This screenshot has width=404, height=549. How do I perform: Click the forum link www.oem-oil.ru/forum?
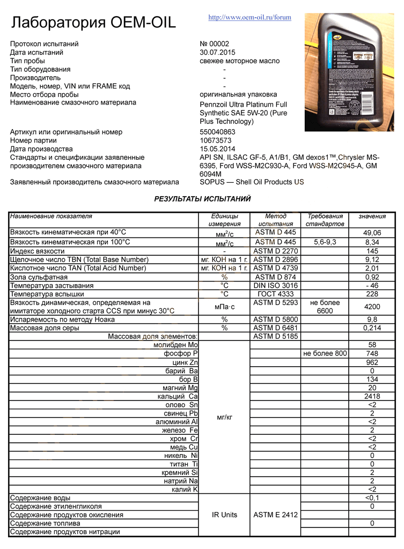pos(249,17)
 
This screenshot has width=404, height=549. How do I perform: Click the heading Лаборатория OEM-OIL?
pos(93,23)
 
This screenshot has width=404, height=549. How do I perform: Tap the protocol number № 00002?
pos(214,44)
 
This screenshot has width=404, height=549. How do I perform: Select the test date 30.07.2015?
pos(217,53)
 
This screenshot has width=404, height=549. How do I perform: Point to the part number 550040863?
pos(217,132)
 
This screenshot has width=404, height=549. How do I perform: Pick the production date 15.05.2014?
pos(217,149)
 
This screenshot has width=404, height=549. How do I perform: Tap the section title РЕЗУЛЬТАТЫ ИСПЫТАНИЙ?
pos(202,199)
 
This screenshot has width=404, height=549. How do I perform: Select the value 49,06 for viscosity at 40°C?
pos(372,233)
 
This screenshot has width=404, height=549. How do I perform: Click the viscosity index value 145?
pos(372,251)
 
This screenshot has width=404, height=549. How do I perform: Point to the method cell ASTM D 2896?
pos(275,259)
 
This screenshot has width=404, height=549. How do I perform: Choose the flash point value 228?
pos(372,294)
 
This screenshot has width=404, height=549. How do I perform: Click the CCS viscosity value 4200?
pos(372,307)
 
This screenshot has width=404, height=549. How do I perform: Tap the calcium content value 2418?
pos(372,396)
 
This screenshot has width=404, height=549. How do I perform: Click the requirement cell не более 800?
pos(325,353)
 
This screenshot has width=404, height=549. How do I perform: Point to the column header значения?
pos(372,216)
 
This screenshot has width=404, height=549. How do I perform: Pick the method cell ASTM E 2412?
pos(275,515)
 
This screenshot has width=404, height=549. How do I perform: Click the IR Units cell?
pos(224,515)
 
